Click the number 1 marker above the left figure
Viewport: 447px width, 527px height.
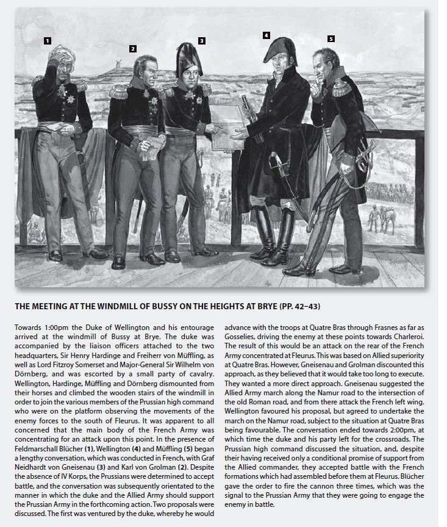pyautogui.click(x=47, y=41)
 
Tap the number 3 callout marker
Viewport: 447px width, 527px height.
pyautogui.click(x=202, y=40)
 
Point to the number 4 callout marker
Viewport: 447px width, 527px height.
pyautogui.click(x=266, y=35)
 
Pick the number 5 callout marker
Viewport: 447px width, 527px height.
pyautogui.click(x=331, y=38)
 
